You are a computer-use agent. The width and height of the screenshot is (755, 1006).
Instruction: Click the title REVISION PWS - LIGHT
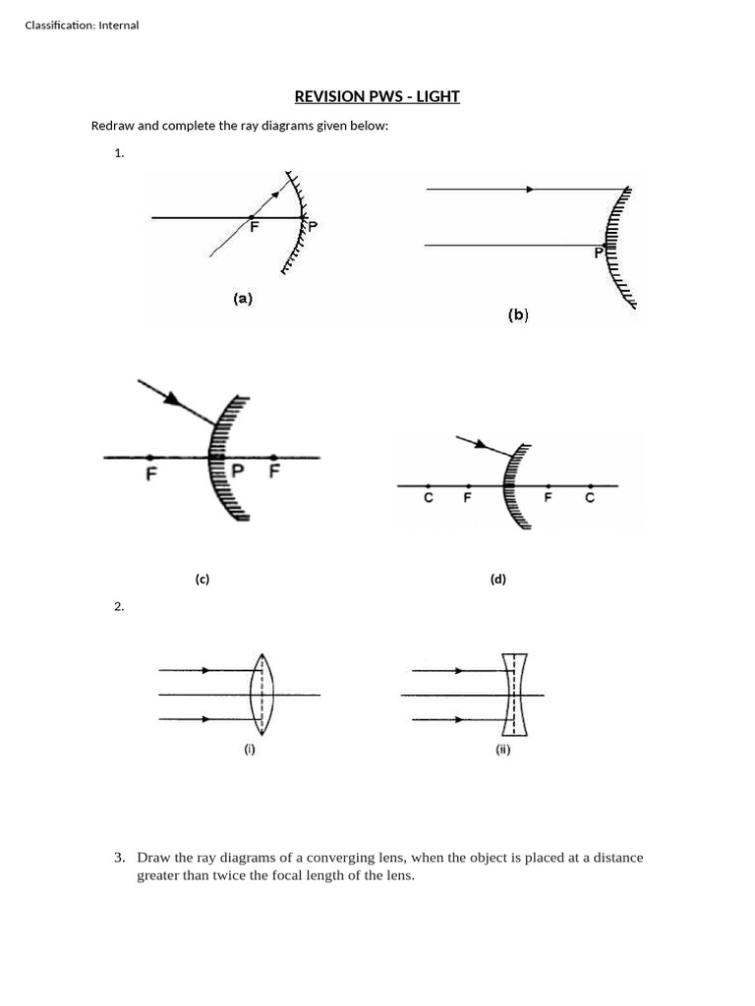(377, 96)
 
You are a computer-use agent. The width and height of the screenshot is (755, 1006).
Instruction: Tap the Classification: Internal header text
(82, 25)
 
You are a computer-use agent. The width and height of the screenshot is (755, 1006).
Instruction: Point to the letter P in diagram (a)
(314, 227)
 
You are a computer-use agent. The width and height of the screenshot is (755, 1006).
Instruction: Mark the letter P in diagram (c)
(236, 471)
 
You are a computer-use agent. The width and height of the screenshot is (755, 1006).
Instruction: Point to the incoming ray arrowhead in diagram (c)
(173, 398)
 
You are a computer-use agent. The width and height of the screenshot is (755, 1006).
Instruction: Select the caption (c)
(202, 579)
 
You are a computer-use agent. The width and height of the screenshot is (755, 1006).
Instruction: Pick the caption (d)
(498, 579)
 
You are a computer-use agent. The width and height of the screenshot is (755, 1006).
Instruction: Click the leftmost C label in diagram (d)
(429, 498)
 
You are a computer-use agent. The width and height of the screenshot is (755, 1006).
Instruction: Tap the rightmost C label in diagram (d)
(590, 498)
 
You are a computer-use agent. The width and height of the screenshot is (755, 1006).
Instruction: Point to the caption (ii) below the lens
(502, 751)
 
